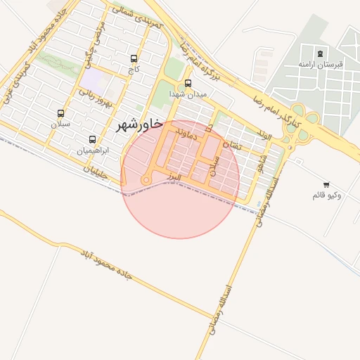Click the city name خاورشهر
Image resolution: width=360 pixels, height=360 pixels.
[138, 125]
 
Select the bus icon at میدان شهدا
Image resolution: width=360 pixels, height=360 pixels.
[187, 83]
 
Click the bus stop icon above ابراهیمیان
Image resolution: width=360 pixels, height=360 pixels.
[93, 139]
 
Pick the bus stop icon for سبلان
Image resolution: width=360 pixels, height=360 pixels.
[60, 112]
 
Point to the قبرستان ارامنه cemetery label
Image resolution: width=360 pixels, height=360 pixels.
[320, 64]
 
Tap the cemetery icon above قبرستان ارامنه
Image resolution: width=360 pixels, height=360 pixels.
[321, 53]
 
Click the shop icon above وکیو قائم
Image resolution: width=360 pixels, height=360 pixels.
[326, 184]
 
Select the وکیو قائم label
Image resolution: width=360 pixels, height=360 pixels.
[326, 195]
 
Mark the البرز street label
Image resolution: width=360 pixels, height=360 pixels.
[174, 179]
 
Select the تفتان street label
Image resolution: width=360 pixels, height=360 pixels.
[231, 146]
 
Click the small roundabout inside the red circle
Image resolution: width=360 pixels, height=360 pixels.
[146, 181]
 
